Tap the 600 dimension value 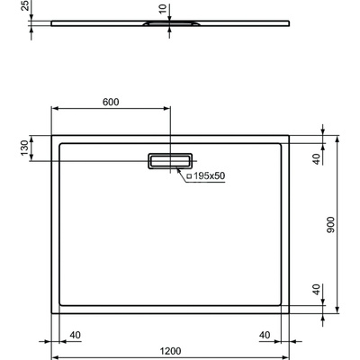[111, 101]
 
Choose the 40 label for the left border [75, 335]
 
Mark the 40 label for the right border [265, 335]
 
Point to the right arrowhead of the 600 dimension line [167, 109]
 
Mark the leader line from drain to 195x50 [183, 171]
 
